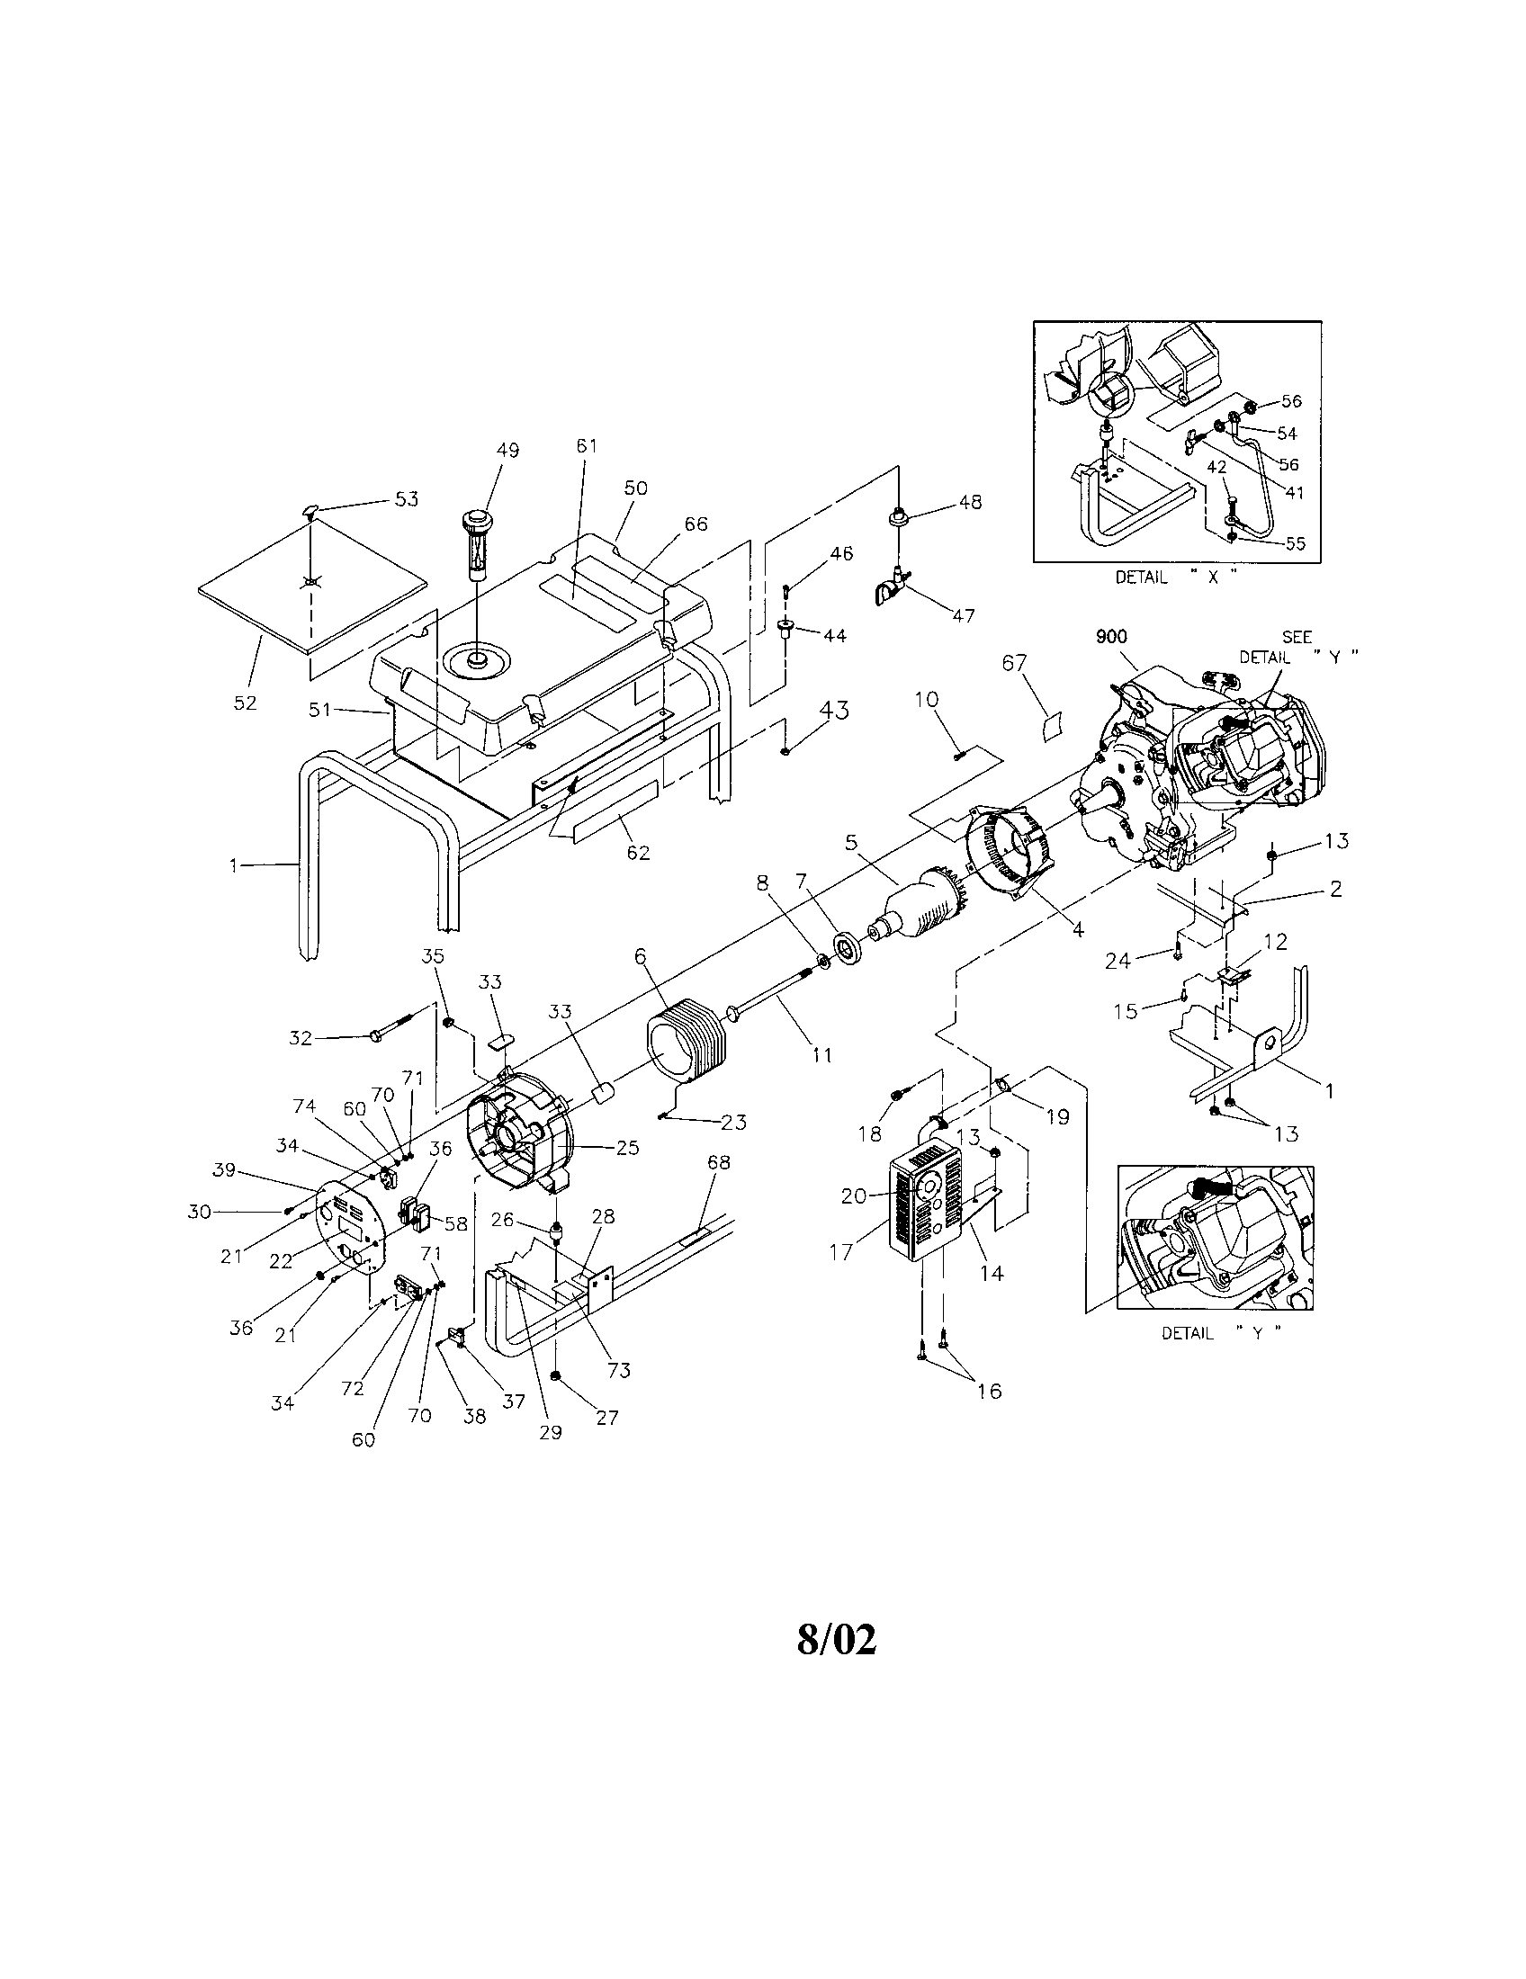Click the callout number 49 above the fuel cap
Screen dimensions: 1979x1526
[x=507, y=451]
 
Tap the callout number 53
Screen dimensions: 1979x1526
[x=406, y=499]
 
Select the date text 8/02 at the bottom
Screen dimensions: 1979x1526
[x=837, y=1639]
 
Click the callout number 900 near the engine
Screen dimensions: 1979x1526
[x=1110, y=637]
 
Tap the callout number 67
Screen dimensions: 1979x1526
[x=1014, y=663]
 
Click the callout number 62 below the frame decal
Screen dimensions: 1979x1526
[x=638, y=853]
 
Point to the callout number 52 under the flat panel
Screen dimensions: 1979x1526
[x=246, y=703]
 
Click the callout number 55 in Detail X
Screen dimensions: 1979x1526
[x=1295, y=543]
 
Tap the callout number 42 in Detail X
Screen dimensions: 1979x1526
[x=1216, y=467]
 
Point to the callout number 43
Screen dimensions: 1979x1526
[x=834, y=712]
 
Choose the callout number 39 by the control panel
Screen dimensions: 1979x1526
[x=224, y=1169]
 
